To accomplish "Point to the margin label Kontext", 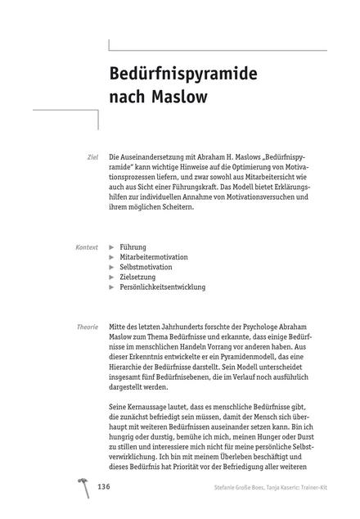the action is (x=86, y=246).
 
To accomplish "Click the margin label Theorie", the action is (x=88, y=327).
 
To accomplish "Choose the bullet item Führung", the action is (x=133, y=246).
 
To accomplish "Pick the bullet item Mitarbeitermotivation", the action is (x=154, y=257).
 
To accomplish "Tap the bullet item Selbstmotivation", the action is (x=145, y=267).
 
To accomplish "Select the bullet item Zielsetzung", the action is (x=138, y=278).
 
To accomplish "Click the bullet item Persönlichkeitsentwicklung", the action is (x=162, y=287).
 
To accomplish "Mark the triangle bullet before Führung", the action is (x=112, y=246).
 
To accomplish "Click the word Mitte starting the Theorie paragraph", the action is (x=120, y=327).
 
